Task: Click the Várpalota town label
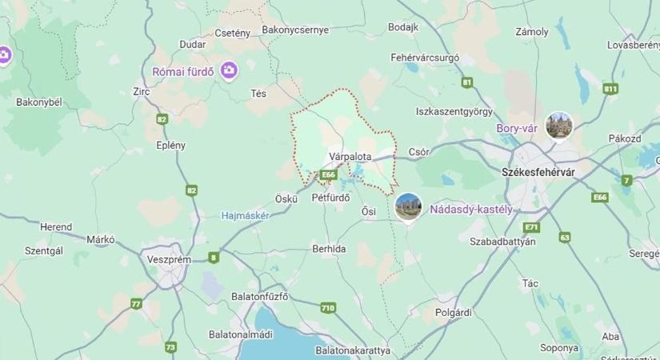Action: [x=350, y=157]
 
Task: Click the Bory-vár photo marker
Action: [x=558, y=126]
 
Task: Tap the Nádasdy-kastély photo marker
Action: [x=408, y=206]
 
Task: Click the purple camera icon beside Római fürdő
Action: [x=230, y=71]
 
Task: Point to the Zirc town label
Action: [x=142, y=91]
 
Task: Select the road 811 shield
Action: [x=611, y=89]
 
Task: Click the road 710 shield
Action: [x=327, y=307]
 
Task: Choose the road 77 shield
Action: [x=136, y=303]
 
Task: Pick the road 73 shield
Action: [x=170, y=347]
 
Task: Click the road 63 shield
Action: [x=565, y=237]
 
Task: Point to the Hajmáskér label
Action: [x=245, y=215]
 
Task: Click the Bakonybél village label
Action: [x=39, y=102]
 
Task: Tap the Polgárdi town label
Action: [x=454, y=312]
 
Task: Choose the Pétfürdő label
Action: [x=333, y=196]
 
